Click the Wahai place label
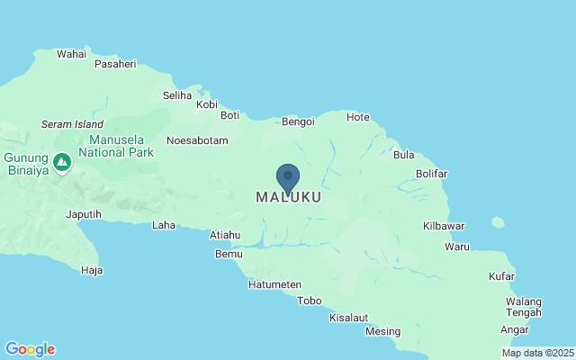point(71,54)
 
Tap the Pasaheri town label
point(115,65)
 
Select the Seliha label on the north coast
point(177,94)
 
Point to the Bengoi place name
point(298,121)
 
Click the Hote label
point(358,117)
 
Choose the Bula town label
point(403,155)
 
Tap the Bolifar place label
point(432,174)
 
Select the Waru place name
point(457,246)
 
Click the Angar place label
point(515,329)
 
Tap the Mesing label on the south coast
point(382,331)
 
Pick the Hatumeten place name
point(274,284)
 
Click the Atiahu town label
point(225,235)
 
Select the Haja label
point(92,270)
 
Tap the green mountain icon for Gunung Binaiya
point(62,163)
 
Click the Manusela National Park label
point(121,146)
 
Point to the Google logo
point(30,349)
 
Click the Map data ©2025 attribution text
point(536,353)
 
